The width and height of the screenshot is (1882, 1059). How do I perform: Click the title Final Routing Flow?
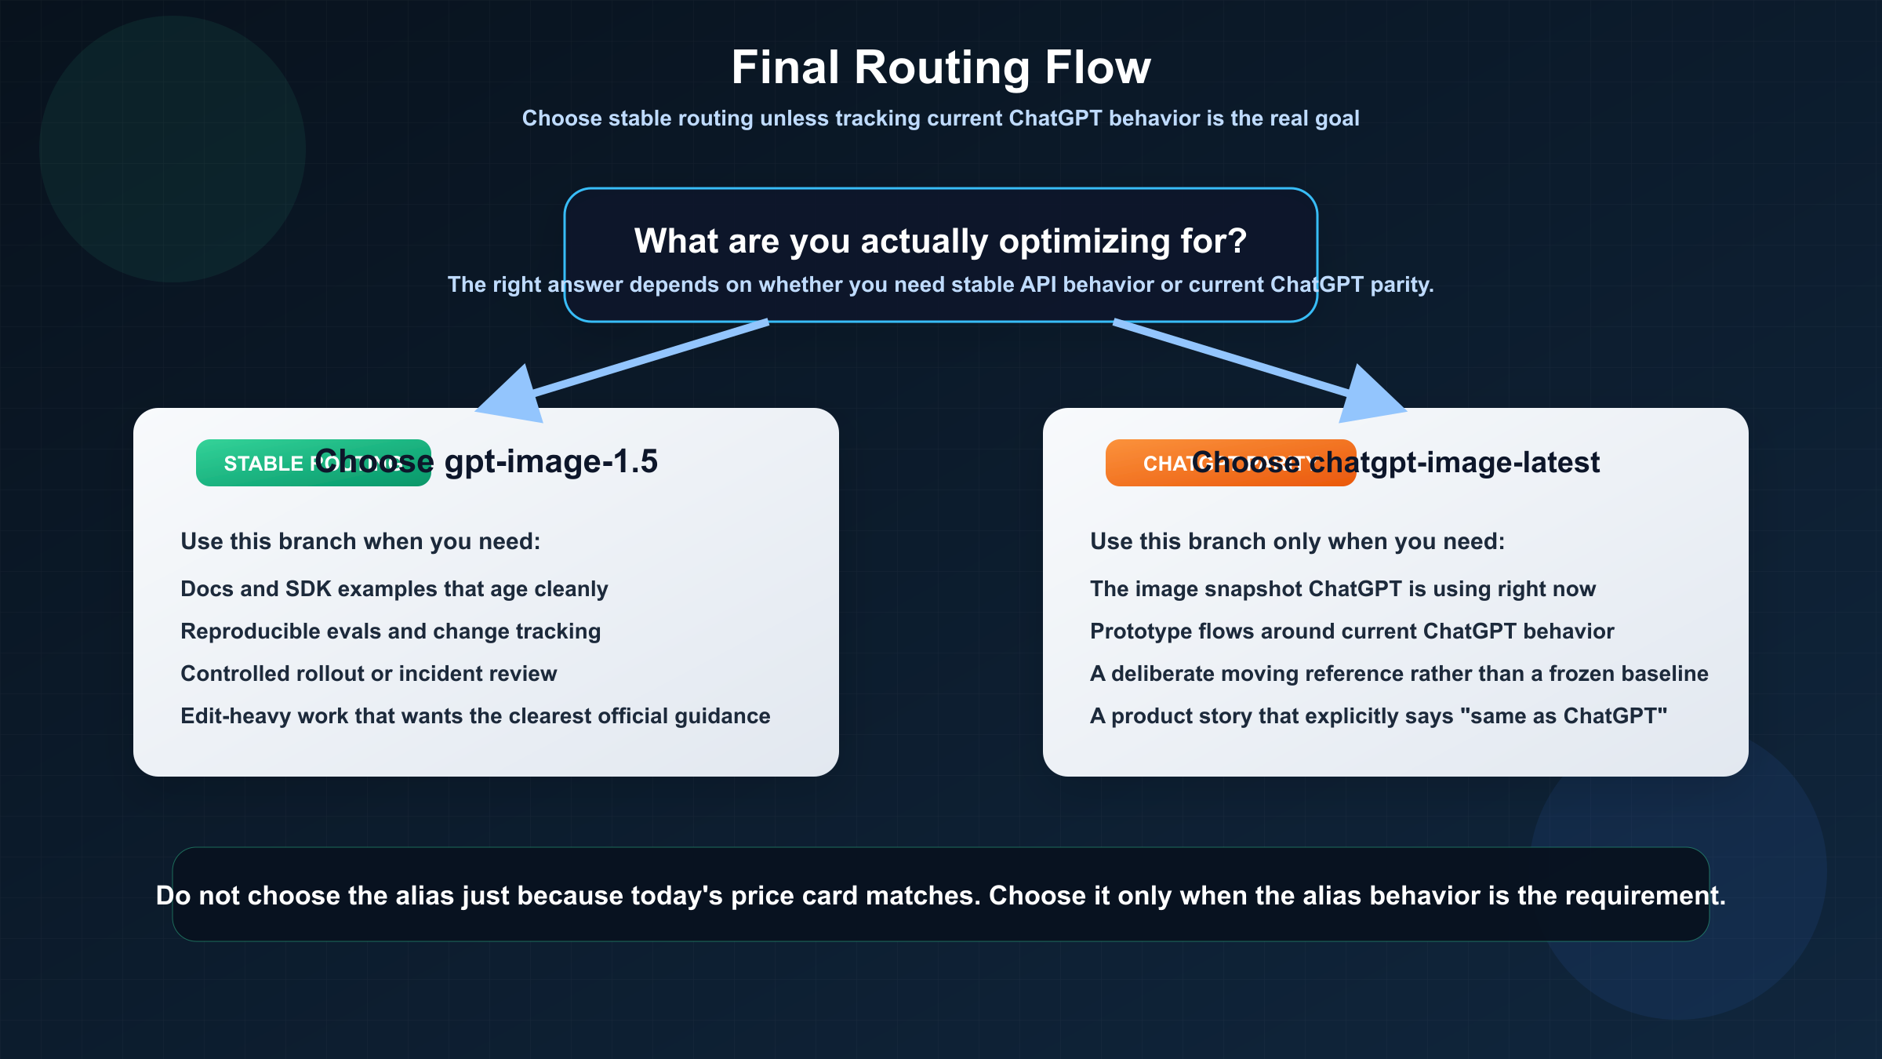(x=940, y=67)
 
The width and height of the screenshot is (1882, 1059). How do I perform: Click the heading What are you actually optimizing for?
(x=940, y=241)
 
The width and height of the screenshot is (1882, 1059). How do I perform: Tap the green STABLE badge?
(x=251, y=464)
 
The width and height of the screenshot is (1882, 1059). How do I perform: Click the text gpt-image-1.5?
(x=550, y=462)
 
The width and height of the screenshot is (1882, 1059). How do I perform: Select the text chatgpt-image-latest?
(x=1454, y=463)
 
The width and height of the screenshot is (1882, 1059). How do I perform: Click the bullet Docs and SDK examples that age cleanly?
(x=394, y=589)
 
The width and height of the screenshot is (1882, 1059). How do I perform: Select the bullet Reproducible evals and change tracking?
(x=391, y=631)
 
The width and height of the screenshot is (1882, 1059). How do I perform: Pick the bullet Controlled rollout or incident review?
(x=369, y=674)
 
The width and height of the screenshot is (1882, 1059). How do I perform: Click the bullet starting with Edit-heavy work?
(x=475, y=716)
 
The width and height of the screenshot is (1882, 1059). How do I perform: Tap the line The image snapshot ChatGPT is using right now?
(x=1342, y=589)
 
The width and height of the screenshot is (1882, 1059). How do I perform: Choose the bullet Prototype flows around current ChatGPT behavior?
(x=1352, y=631)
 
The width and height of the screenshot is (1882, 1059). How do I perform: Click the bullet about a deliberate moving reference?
(x=1399, y=674)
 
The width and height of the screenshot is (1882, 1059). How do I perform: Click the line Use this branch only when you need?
(x=1297, y=542)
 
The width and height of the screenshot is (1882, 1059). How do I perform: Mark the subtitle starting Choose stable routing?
(x=940, y=118)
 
